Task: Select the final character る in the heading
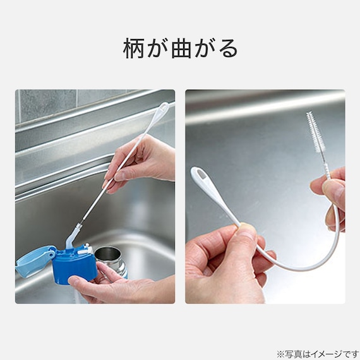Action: [228, 49]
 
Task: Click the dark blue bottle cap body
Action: [75, 265]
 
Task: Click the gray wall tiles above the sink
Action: [47, 104]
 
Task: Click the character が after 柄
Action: [159, 49]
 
